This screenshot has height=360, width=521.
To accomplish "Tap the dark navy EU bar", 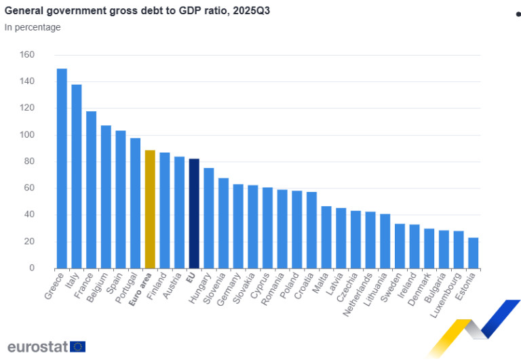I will tap(194, 213).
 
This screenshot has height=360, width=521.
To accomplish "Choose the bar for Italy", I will tap(77, 176).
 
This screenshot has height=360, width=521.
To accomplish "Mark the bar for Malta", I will tap(326, 237).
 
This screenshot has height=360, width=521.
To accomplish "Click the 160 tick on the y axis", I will tap(27, 55).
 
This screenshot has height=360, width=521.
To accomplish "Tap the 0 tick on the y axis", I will tap(31, 268).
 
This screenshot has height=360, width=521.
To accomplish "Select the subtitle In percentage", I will tap(33, 27).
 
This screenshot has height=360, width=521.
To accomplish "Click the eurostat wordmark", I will tap(37, 346).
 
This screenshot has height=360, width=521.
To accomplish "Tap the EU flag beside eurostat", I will tap(78, 346).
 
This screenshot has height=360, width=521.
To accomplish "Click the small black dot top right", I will tap(518, 14).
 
